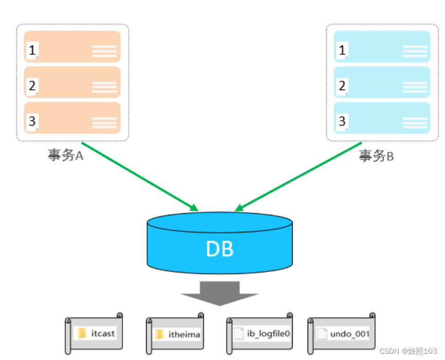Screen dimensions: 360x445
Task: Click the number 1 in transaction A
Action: point(32,50)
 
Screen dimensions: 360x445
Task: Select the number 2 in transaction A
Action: point(32,85)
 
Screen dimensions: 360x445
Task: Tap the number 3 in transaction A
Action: point(32,121)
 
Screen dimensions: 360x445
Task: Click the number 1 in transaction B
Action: point(342,50)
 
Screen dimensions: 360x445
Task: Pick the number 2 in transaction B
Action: point(342,85)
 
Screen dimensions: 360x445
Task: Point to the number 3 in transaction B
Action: point(342,121)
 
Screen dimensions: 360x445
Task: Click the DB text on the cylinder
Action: point(220,249)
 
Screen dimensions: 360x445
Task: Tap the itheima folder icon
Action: point(159,334)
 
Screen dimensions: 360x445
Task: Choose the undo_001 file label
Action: point(350,334)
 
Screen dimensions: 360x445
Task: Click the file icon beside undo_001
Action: point(322,334)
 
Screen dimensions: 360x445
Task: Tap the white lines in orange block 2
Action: point(104,87)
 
